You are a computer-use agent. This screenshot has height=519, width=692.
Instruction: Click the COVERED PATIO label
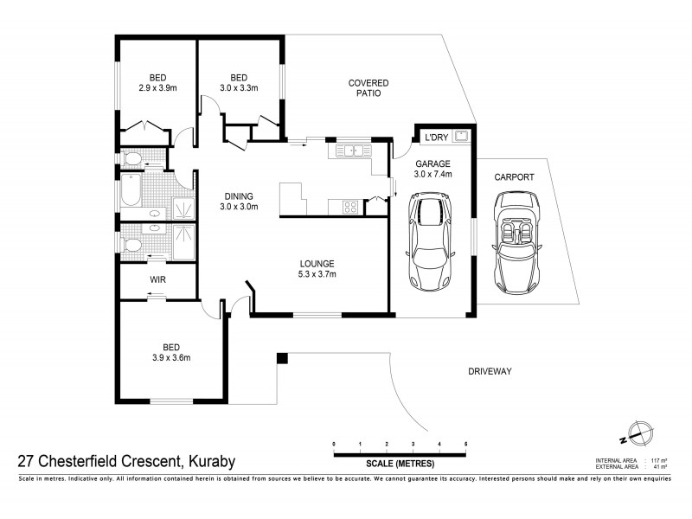[368, 88]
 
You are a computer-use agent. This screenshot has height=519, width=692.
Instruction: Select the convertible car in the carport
[516, 242]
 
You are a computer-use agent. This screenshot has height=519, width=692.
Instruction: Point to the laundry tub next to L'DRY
[462, 135]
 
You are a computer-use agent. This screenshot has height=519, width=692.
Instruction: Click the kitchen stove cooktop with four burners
[351, 206]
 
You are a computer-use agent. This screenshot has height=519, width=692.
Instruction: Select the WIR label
[157, 279]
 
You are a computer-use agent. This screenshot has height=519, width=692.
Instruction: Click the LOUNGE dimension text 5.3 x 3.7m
[317, 274]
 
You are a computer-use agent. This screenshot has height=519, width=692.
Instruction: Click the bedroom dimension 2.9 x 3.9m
[157, 87]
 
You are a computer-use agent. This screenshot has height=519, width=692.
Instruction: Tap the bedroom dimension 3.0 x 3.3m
[239, 87]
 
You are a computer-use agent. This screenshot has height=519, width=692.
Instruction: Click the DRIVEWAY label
[490, 371]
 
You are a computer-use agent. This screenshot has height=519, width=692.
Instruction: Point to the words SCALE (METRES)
[399, 464]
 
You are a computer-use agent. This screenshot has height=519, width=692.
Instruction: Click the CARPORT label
[514, 176]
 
